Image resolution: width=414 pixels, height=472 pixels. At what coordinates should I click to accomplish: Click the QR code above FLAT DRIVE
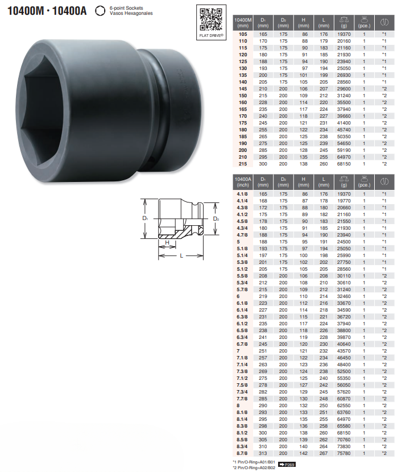(x=211, y=19)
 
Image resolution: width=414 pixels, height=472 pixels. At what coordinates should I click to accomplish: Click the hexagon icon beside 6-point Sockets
(x=100, y=11)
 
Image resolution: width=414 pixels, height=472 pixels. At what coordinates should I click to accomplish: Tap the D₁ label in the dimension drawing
(x=145, y=218)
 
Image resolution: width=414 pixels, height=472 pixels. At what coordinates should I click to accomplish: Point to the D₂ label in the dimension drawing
(x=216, y=218)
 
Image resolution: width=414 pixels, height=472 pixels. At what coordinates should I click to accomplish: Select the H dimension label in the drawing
(x=167, y=243)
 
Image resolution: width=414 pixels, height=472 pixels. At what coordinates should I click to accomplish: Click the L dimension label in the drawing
(x=181, y=255)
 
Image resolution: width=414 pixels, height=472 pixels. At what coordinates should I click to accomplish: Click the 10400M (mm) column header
(x=243, y=23)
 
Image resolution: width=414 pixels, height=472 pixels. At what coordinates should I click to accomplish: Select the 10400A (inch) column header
(x=243, y=182)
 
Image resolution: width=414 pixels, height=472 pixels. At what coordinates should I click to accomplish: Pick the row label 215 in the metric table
(x=243, y=164)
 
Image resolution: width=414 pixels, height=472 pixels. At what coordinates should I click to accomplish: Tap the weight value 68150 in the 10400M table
(x=344, y=164)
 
